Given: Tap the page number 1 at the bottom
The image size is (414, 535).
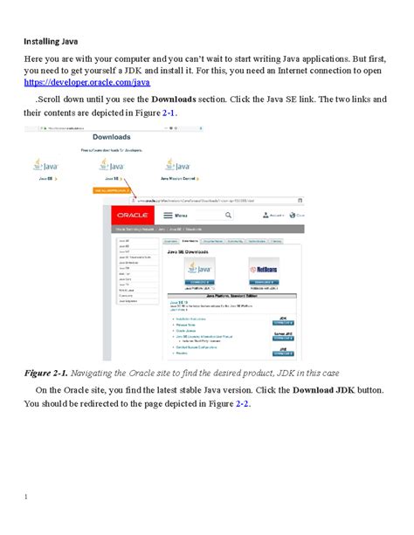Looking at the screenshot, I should tap(26, 497).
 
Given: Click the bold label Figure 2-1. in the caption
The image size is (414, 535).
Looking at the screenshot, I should tap(48, 373).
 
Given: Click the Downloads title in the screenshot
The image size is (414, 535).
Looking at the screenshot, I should tap(114, 137).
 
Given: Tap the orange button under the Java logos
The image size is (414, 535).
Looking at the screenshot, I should tap(107, 189).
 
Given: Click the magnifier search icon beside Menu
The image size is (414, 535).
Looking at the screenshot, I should tap(227, 214).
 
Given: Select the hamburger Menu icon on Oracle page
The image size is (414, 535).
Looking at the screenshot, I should tap(169, 214).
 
